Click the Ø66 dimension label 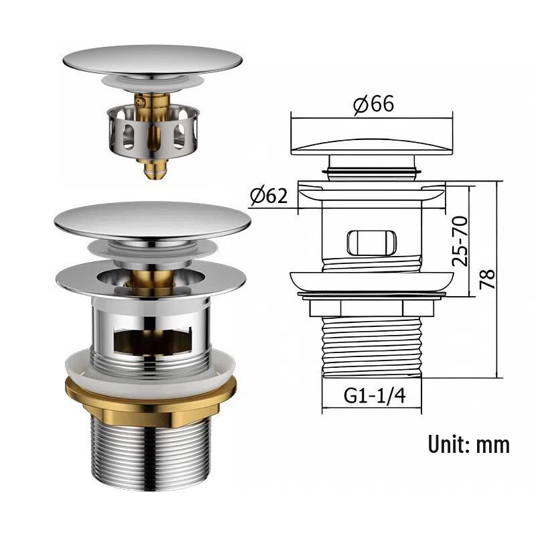tap(373, 104)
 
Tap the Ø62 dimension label tap(269, 196)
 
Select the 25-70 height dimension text tap(460, 241)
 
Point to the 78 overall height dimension tap(487, 279)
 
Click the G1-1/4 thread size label tap(375, 396)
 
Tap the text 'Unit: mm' tap(468, 444)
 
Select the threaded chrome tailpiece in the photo tap(151, 453)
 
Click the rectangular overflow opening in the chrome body tap(152, 341)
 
